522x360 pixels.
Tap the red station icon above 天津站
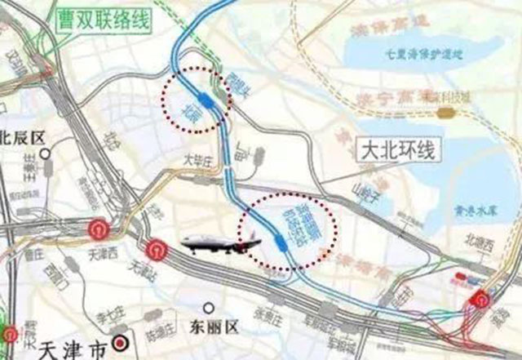coord(155,248)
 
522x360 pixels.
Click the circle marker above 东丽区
coord(210,308)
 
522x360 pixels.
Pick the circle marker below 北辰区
coord(51,152)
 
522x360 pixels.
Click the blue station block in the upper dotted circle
coord(210,101)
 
